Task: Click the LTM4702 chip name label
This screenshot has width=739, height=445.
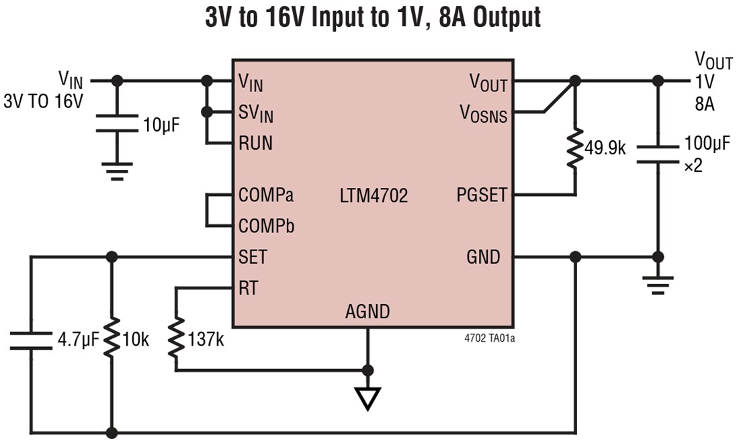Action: [374, 196]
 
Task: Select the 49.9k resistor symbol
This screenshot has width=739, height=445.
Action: [574, 149]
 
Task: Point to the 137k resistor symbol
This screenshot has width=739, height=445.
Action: [176, 339]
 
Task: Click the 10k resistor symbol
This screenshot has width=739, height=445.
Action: [112, 339]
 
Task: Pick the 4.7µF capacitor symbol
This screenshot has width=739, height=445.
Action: [30, 340]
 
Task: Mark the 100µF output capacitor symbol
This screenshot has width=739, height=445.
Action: [658, 154]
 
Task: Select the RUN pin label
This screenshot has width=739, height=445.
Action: [255, 144]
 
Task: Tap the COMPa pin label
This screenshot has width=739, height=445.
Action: [266, 196]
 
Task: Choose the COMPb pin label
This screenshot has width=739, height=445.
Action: [266, 226]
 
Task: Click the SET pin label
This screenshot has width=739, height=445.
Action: [253, 257]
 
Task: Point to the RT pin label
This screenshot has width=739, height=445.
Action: [248, 288]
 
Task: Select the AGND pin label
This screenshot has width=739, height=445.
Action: [367, 311]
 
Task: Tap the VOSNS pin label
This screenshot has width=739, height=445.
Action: [483, 113]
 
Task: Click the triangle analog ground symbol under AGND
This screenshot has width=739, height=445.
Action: [367, 397]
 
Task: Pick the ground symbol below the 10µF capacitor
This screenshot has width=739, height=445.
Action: [117, 172]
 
